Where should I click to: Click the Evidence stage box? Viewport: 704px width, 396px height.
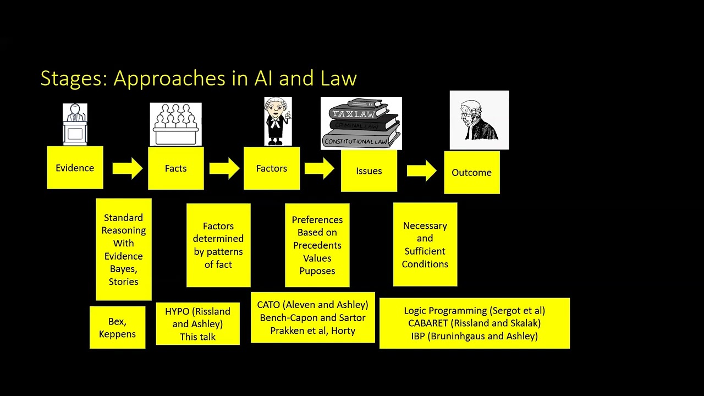[x=75, y=168]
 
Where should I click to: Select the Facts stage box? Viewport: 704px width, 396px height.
[x=175, y=168]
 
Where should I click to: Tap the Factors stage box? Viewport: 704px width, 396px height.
[x=272, y=168]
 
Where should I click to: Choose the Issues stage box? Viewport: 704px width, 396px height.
[x=369, y=170]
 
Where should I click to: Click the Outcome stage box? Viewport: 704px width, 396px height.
[x=471, y=172]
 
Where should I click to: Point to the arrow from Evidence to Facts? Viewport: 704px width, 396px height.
[x=127, y=168]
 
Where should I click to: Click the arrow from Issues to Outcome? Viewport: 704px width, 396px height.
[x=421, y=170]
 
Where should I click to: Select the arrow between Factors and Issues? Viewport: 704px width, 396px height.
[x=320, y=168]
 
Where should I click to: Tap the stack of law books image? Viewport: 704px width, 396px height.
[x=361, y=123]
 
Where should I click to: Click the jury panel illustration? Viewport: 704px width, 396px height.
[x=175, y=124]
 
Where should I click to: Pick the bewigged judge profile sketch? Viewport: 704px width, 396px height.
[x=479, y=120]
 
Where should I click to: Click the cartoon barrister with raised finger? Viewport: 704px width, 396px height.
[x=278, y=122]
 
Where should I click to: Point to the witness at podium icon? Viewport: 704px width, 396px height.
[x=75, y=124]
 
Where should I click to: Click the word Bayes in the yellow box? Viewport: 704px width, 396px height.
[x=123, y=268]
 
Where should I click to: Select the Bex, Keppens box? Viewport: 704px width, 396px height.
[x=117, y=328]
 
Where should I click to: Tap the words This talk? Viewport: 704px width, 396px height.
[x=197, y=337]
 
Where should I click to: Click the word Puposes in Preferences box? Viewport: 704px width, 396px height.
[x=317, y=271]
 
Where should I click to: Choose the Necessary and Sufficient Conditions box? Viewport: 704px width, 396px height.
[x=425, y=244]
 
